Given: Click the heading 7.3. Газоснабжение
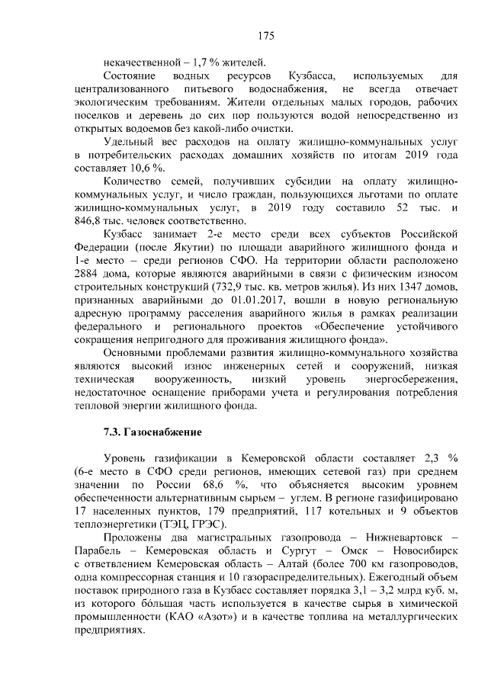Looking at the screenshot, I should pyautogui.click(x=152, y=433).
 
